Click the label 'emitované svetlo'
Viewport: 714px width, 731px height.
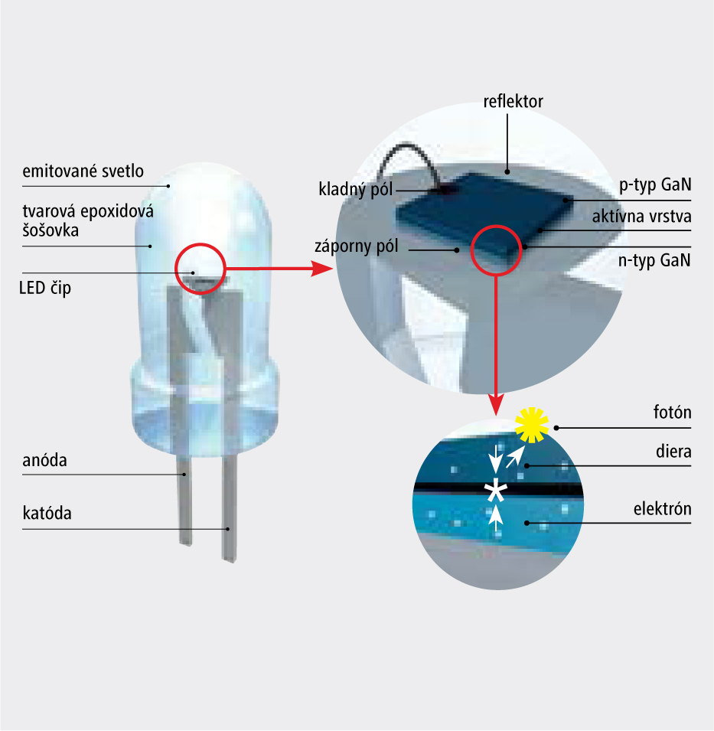[x=83, y=171]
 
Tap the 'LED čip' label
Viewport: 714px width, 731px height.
[x=47, y=289]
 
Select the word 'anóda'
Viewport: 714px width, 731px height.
[x=45, y=461]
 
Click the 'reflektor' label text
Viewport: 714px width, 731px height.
[x=513, y=101]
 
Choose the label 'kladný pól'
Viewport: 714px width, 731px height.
[x=355, y=188]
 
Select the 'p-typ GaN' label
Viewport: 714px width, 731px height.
[x=655, y=186]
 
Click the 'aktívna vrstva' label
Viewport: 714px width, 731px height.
[x=641, y=217]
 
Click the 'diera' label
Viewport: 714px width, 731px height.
[x=673, y=451]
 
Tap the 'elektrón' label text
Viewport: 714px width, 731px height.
[x=663, y=509]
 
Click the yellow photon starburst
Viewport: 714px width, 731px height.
[x=532, y=425]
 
